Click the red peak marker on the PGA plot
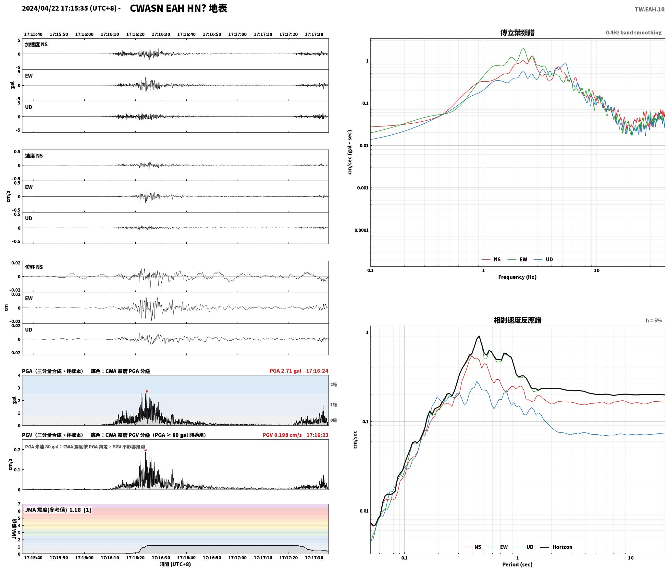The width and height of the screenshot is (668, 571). [x=147, y=392]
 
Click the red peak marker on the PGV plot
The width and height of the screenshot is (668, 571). [x=145, y=450]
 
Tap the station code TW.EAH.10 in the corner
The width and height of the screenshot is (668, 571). [x=649, y=9]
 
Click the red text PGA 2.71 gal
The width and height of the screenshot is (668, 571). [x=285, y=371]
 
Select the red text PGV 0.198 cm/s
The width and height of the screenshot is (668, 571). [x=282, y=435]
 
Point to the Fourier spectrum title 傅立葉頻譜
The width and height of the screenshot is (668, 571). [x=517, y=33]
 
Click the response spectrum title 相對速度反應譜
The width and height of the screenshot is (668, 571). [x=517, y=320]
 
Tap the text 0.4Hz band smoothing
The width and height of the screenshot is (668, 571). [x=634, y=33]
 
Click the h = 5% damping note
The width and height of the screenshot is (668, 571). [x=654, y=321]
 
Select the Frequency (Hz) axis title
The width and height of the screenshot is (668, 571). [x=517, y=277]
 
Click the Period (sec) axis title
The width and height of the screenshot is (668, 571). [x=517, y=565]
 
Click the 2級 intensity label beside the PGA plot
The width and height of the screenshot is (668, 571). [x=334, y=384]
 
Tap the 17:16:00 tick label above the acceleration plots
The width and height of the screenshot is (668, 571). [x=84, y=34]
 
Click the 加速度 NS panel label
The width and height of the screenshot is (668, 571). [x=36, y=44]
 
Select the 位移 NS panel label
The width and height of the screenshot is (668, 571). [x=34, y=267]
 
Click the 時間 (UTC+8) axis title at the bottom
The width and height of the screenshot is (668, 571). [x=175, y=564]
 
